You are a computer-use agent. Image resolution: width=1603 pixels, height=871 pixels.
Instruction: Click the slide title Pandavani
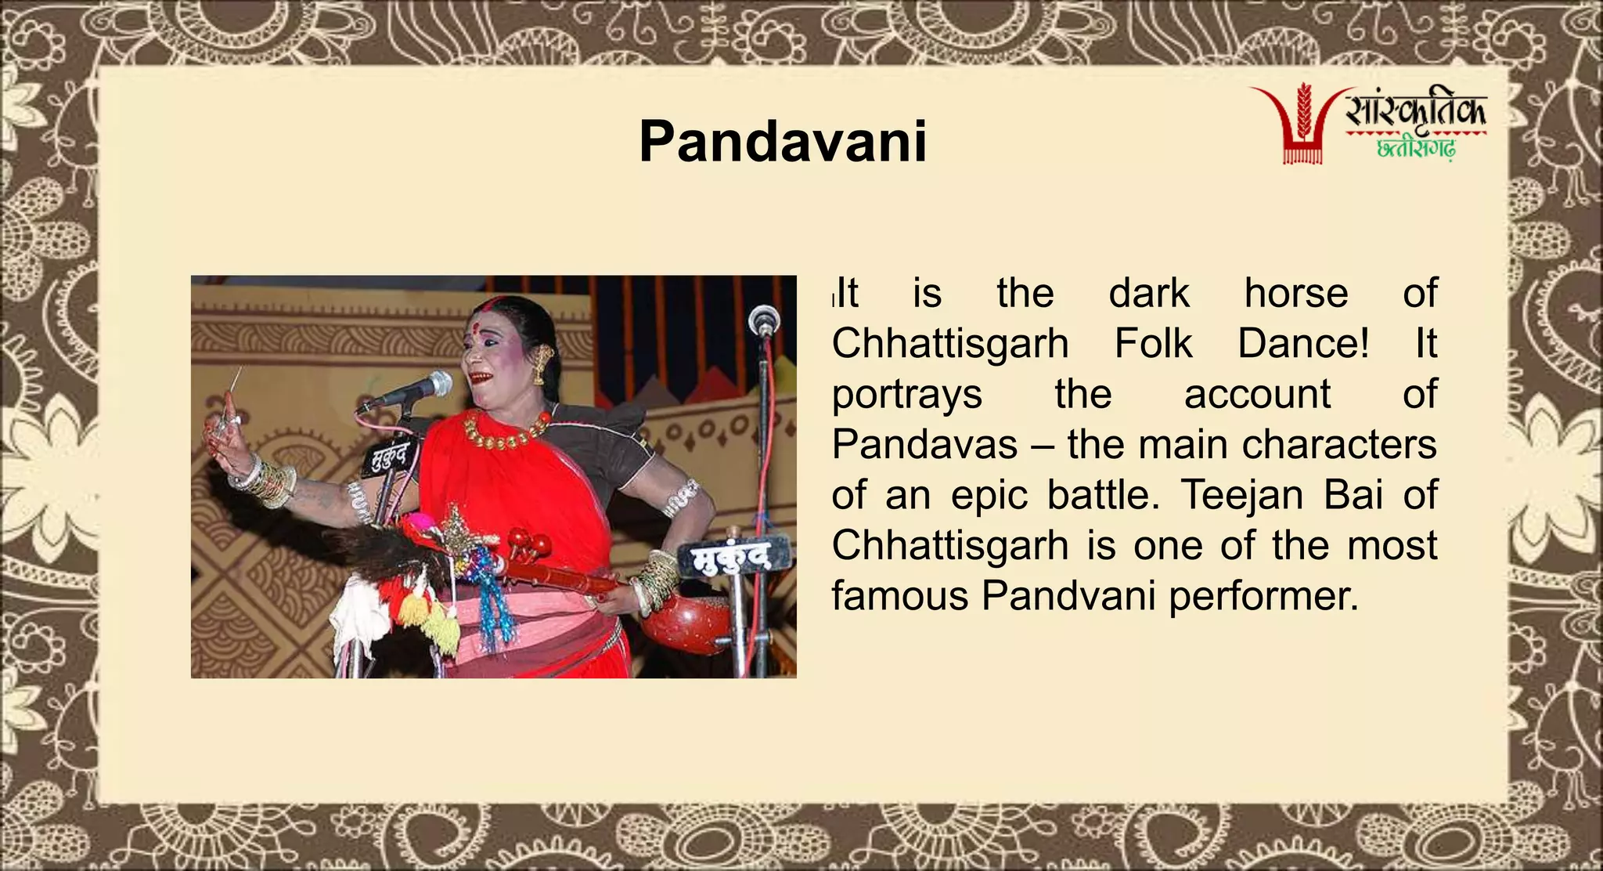[x=783, y=142]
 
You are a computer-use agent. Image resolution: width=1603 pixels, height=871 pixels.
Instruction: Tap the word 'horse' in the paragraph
[x=1296, y=294]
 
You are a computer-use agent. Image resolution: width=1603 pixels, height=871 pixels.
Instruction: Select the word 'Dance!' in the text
[x=1303, y=344]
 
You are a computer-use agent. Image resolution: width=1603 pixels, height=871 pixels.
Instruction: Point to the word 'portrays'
[x=906, y=395]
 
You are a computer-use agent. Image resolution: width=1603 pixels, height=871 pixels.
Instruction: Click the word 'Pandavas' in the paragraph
[x=924, y=445]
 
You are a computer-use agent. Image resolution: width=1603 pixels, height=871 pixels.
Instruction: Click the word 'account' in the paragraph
[x=1257, y=395]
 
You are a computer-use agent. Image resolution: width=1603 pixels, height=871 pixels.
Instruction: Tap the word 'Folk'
[x=1153, y=344]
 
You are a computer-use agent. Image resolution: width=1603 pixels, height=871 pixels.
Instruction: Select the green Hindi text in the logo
[x=1415, y=149]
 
